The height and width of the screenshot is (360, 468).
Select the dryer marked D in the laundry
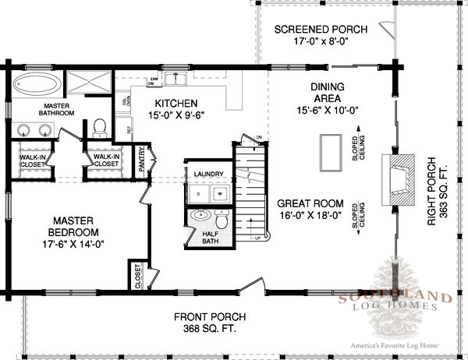pos(199,192)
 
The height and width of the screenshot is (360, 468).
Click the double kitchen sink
pos(179,78)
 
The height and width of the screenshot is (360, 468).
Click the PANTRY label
pos(142,159)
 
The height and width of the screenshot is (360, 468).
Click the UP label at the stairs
pos(258,239)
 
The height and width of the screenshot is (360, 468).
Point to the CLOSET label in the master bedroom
pos(138,276)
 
